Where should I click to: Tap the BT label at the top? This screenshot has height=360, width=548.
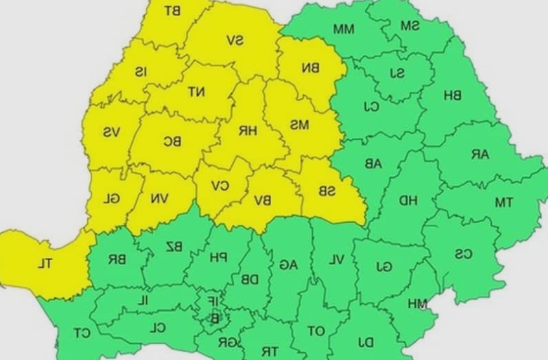pyautogui.click(x=171, y=11)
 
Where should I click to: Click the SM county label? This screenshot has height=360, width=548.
pyautogui.click(x=410, y=25)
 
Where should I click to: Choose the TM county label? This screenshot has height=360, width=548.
pyautogui.click(x=503, y=202)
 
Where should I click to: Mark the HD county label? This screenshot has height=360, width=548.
pyautogui.click(x=409, y=201)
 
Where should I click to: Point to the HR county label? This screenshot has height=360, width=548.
pyautogui.click(x=247, y=130)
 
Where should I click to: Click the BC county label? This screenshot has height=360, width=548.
pyautogui.click(x=172, y=141)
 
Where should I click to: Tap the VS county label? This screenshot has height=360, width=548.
pyautogui.click(x=111, y=132)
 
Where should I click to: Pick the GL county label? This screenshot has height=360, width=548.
pyautogui.click(x=111, y=198)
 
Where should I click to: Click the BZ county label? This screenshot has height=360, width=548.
pyautogui.click(x=174, y=246)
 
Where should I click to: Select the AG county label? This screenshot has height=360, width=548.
pyautogui.click(x=288, y=264)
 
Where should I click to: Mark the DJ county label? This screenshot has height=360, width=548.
pyautogui.click(x=365, y=342)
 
